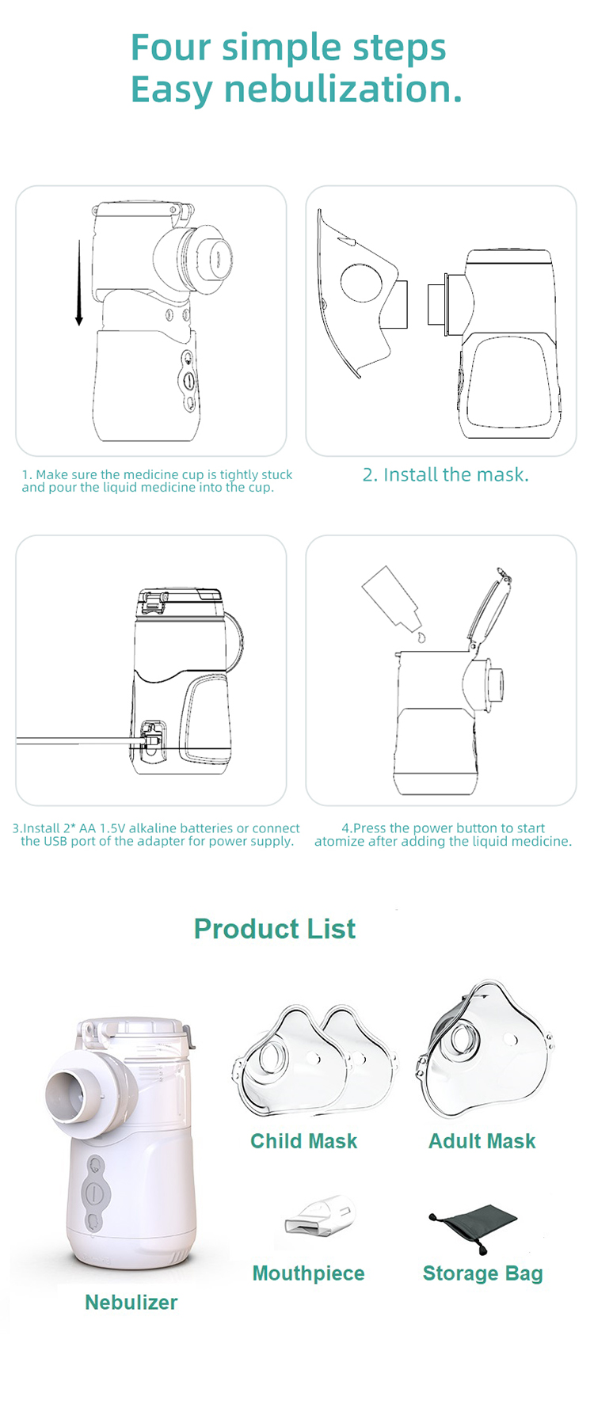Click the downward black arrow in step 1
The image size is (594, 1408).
(79, 283)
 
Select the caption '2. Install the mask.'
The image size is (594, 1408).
(446, 475)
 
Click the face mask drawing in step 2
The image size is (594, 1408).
(362, 294)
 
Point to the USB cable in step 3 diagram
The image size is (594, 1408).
(79, 742)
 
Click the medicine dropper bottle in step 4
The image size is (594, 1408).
(390, 598)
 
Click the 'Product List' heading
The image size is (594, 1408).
(275, 929)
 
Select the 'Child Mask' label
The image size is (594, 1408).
(304, 1141)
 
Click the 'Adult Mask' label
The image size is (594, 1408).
(482, 1141)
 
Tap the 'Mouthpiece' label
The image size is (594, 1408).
(309, 1273)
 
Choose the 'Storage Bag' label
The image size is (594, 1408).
(483, 1273)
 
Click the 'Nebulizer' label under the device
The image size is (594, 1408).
(131, 1303)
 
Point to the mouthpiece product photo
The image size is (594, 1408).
(319, 1215)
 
